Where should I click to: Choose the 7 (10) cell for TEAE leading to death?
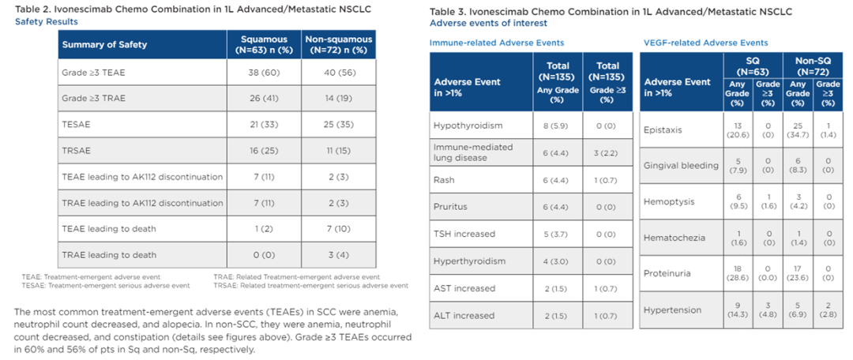click(x=338, y=230)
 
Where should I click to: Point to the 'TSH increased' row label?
click(x=464, y=234)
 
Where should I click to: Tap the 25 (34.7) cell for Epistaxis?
click(x=798, y=131)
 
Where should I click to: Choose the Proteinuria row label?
click(x=667, y=273)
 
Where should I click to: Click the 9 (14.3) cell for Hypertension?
click(x=738, y=310)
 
